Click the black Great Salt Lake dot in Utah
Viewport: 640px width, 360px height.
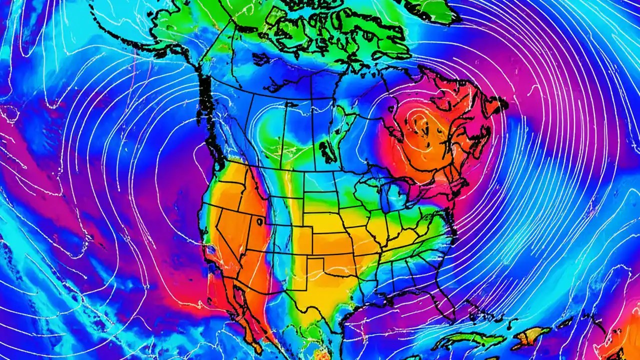click(259, 220)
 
